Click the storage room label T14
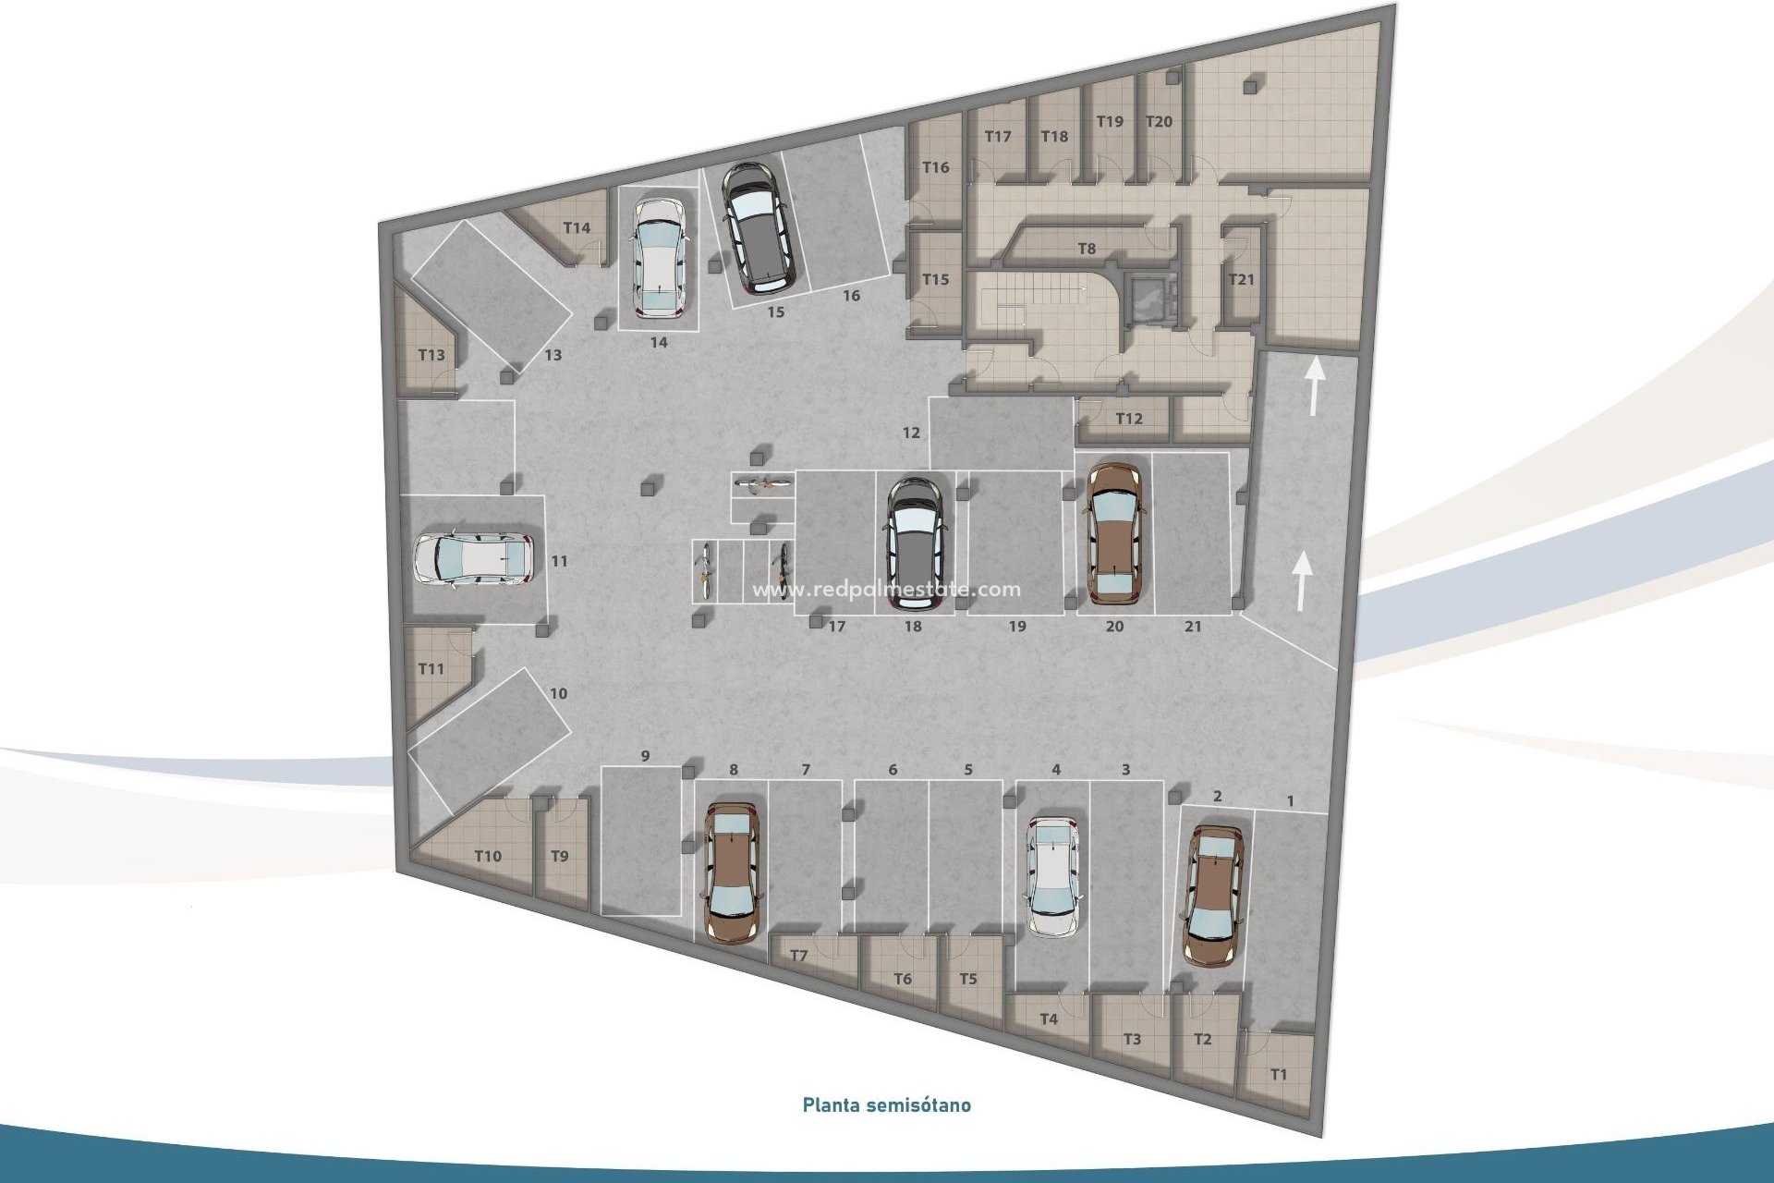click(577, 228)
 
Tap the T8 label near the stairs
click(1087, 249)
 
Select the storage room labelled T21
click(1241, 279)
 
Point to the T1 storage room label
click(1278, 1075)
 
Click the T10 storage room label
click(488, 856)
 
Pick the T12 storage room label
click(1128, 419)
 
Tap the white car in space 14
click(659, 256)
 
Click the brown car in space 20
click(1115, 533)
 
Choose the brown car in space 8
click(732, 871)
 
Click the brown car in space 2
click(1213, 895)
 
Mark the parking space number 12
click(912, 432)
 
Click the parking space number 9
click(645, 756)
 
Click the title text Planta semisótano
click(886, 1104)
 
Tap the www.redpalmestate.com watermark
click(886, 590)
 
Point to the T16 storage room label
click(936, 167)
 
